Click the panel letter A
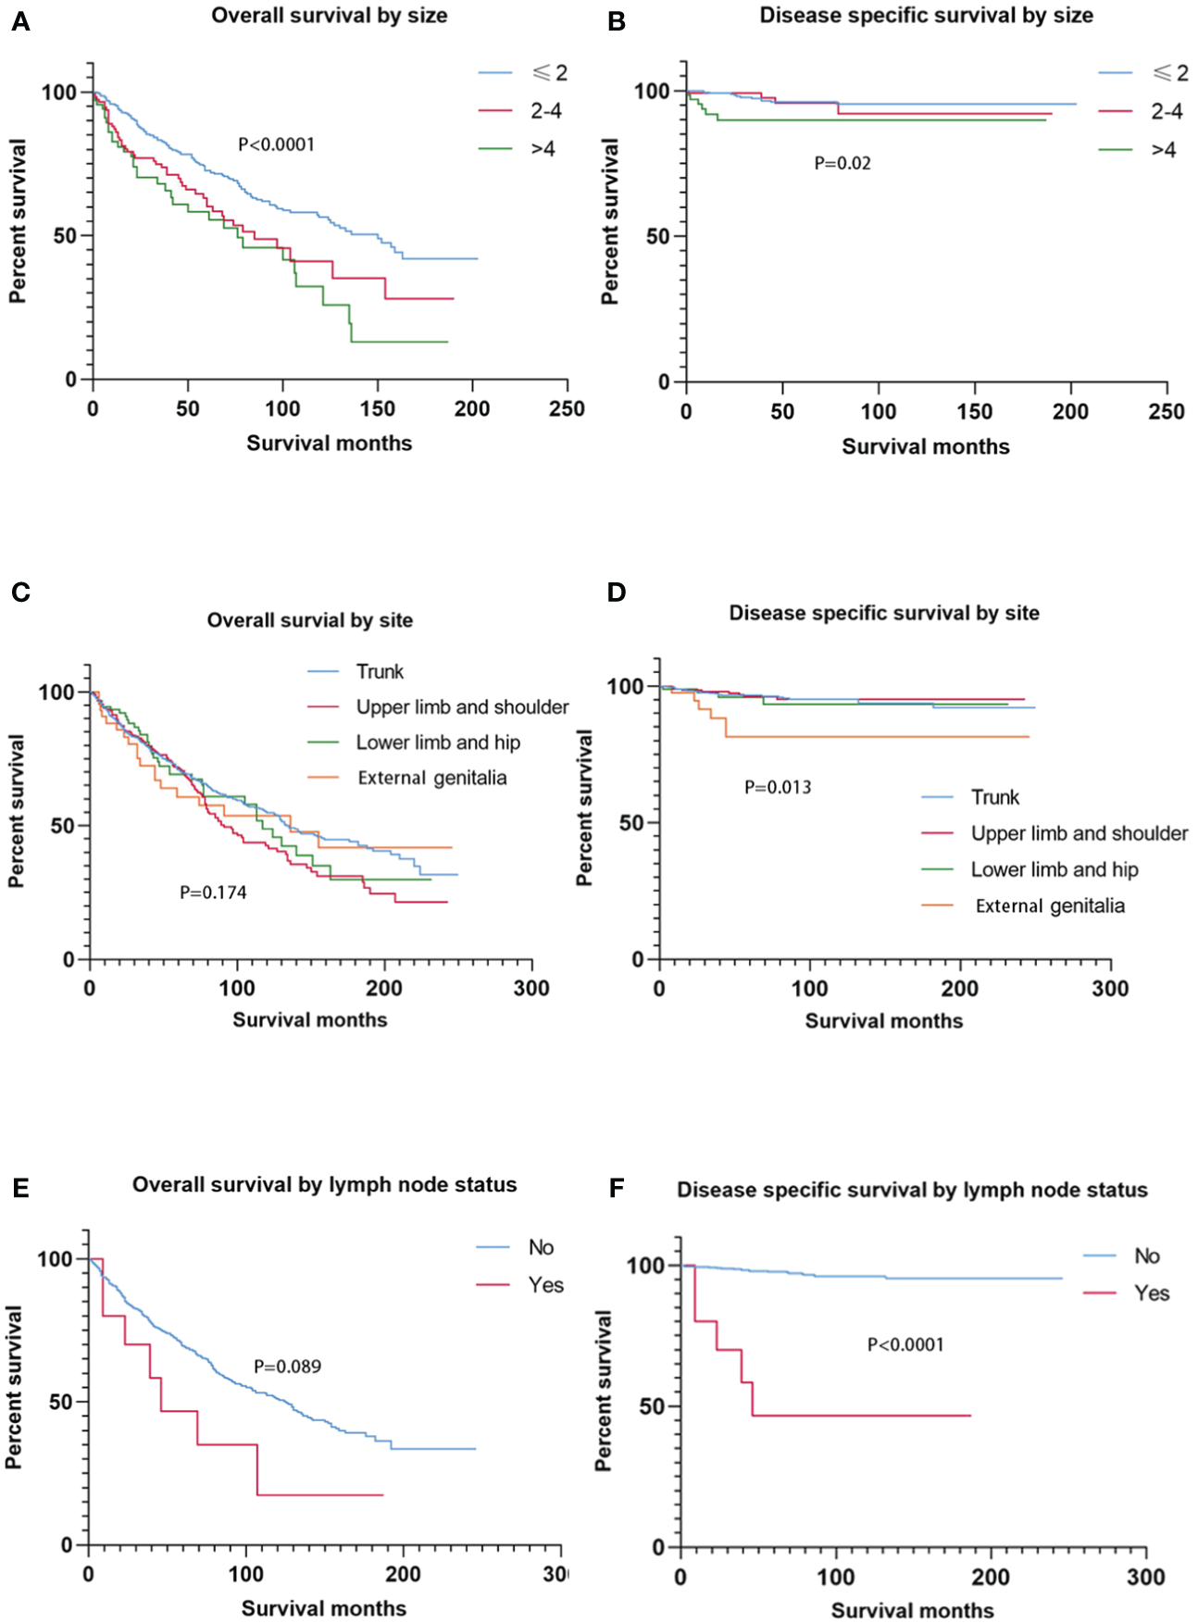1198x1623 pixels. (20, 21)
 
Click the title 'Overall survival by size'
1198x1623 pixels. (329, 16)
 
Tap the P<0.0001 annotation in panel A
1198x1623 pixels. (276, 144)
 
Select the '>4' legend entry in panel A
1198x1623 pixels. (543, 149)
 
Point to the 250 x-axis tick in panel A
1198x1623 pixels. (567, 408)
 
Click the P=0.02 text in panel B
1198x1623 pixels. (842, 163)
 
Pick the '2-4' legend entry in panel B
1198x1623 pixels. (1167, 112)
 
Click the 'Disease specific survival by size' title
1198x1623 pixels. (926, 16)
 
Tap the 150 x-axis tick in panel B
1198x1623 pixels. (974, 411)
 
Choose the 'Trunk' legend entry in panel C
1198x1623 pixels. (380, 671)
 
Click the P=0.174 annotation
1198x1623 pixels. (213, 893)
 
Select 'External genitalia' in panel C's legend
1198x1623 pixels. (431, 778)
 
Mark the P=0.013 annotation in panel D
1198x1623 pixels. (778, 787)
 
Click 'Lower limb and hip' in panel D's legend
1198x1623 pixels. (1054, 869)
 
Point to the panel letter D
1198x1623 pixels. (617, 593)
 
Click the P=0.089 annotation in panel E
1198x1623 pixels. (287, 1367)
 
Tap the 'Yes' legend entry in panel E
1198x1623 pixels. (545, 1285)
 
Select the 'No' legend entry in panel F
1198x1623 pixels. (1146, 1255)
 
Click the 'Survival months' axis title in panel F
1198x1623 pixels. (912, 1611)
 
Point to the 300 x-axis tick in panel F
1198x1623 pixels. (1145, 1577)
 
